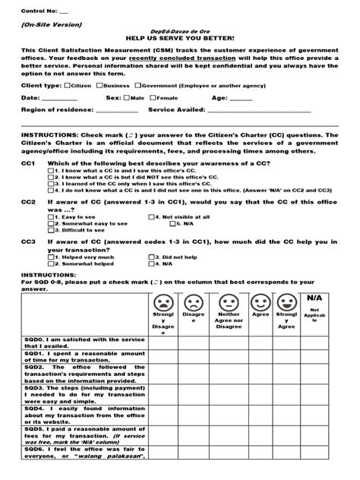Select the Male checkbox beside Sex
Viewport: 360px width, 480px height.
coord(127,98)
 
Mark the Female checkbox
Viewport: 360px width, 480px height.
coord(153,98)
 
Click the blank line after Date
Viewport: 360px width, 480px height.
coord(62,99)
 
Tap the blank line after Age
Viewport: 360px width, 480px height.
coord(241,99)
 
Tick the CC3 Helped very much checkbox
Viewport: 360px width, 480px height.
coord(50,257)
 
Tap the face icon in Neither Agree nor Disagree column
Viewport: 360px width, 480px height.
coord(228,302)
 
